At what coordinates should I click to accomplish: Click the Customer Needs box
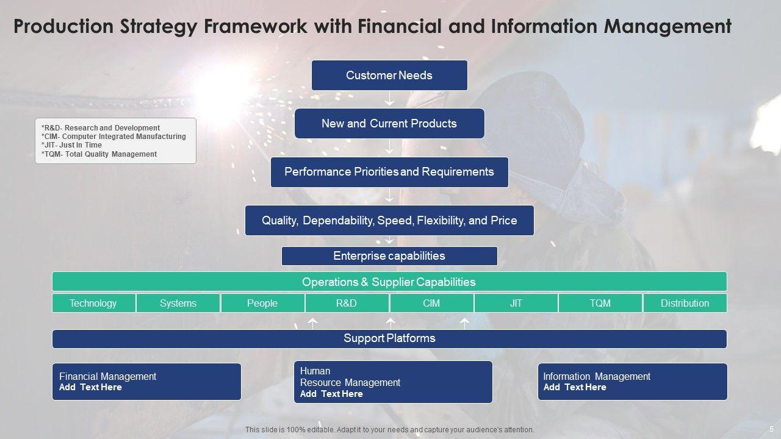(389, 75)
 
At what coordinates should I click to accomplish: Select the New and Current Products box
(389, 123)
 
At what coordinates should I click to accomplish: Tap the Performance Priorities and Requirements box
(389, 171)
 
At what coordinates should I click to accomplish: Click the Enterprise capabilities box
(389, 255)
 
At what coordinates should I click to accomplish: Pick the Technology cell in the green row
(93, 303)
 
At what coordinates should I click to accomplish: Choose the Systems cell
(178, 303)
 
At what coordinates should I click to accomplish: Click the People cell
(262, 303)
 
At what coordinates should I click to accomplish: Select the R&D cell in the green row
(347, 303)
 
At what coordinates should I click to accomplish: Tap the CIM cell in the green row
(431, 303)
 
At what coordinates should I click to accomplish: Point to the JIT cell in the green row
(516, 303)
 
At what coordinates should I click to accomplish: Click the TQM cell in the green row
(600, 303)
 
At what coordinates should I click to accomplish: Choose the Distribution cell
(685, 303)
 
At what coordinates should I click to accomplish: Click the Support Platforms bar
(389, 338)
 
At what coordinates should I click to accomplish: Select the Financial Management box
(146, 382)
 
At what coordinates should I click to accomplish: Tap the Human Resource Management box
(393, 382)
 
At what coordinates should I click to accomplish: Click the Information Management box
(632, 382)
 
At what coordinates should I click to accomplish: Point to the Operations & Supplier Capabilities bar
(389, 282)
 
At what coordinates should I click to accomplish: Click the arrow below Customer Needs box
(389, 99)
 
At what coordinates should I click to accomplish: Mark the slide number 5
(771, 429)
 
